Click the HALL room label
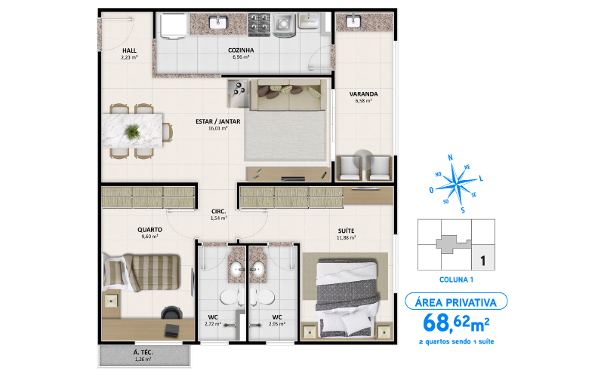click(x=128, y=50)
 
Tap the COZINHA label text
click(x=241, y=50)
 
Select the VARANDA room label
click(x=363, y=94)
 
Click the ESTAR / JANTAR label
click(x=218, y=121)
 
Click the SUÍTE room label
click(x=347, y=231)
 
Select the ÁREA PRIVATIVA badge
click(x=456, y=302)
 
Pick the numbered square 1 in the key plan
click(x=482, y=261)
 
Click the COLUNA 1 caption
click(x=455, y=280)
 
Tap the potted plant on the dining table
click(x=133, y=132)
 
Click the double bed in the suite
click(x=347, y=295)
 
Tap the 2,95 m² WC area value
click(x=277, y=324)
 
